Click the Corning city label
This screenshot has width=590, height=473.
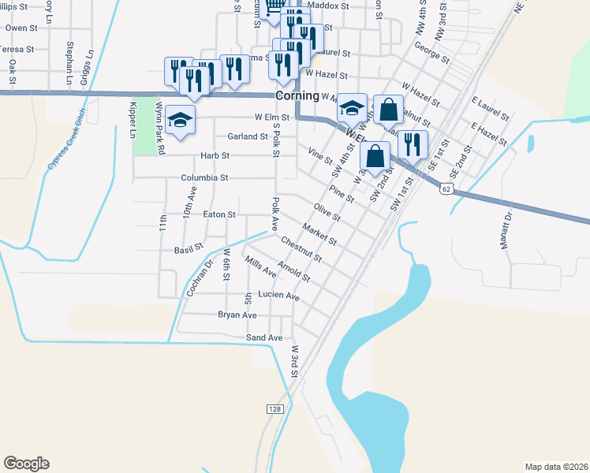(297, 95)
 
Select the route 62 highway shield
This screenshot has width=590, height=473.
(446, 189)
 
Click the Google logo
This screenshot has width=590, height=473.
(26, 464)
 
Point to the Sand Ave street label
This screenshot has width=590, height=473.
(264, 338)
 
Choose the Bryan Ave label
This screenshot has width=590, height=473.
(237, 315)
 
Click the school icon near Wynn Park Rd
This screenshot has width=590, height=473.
(181, 121)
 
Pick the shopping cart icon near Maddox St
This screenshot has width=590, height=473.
(274, 6)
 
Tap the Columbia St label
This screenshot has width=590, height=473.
(204, 178)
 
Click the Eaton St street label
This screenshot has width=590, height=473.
(219, 214)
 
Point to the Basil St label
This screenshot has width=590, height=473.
(189, 250)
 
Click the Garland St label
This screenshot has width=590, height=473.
(248, 136)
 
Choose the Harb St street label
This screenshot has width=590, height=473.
(214, 156)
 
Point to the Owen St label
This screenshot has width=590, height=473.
(21, 28)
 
